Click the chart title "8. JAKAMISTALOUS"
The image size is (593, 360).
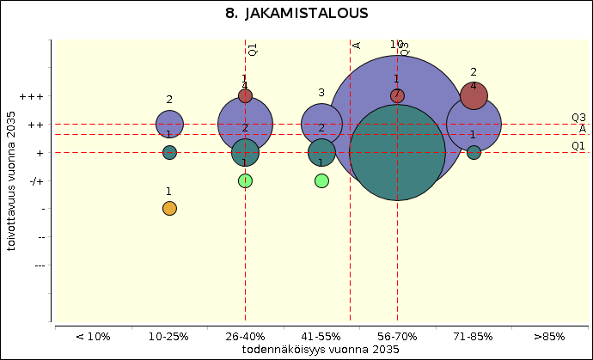(x=296, y=14)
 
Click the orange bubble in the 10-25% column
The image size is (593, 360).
(x=169, y=208)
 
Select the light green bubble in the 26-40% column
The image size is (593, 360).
(x=245, y=180)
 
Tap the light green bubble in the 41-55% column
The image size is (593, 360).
(x=321, y=180)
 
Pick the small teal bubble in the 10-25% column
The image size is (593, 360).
(x=169, y=152)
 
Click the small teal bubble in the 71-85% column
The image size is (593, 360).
(x=474, y=152)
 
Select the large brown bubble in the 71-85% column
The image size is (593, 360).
(x=474, y=95)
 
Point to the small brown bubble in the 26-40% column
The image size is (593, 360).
(x=245, y=95)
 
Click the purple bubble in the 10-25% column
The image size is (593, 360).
(x=169, y=124)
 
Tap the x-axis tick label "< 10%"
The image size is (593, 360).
(x=93, y=337)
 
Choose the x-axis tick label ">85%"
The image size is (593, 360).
(x=549, y=337)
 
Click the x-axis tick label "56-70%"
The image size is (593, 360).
(x=397, y=337)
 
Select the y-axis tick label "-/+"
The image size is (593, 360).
(x=34, y=180)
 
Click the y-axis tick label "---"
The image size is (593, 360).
(x=39, y=265)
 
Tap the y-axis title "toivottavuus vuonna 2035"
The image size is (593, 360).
(x=11, y=180)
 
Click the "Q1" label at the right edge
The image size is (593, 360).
(x=578, y=146)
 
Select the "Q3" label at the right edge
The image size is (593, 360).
(x=578, y=118)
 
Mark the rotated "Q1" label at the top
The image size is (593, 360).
(x=253, y=50)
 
